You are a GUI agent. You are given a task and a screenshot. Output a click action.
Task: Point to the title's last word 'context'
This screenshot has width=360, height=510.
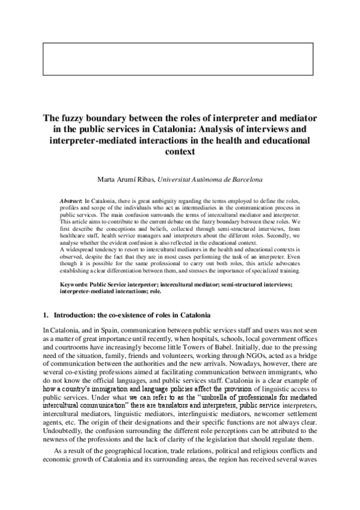[x=180, y=152]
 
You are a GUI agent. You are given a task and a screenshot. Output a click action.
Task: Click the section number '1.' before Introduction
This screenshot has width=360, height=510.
[x=46, y=315]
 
